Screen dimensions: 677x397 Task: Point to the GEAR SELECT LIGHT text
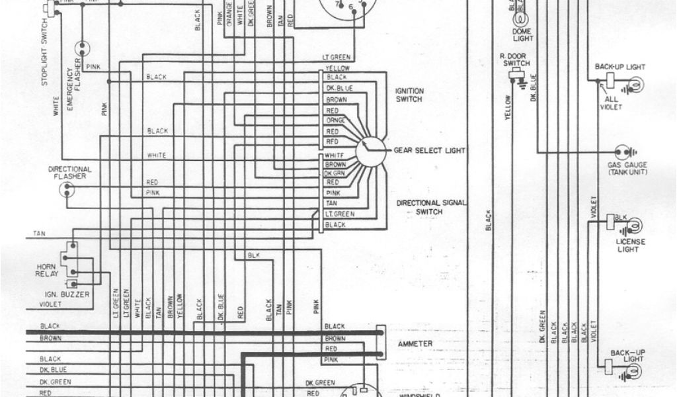click(x=430, y=150)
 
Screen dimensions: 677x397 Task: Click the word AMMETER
click(x=415, y=343)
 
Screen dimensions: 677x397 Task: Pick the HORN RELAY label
click(x=48, y=269)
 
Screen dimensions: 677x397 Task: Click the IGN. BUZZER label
click(x=73, y=294)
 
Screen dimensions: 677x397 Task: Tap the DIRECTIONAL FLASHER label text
click(x=70, y=173)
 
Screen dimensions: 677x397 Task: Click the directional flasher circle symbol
click(x=67, y=189)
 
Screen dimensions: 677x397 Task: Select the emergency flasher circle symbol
click(x=83, y=48)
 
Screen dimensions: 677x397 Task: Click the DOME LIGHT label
click(x=522, y=34)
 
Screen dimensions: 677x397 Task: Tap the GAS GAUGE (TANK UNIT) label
click(x=627, y=168)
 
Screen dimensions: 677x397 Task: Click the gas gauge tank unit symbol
click(x=621, y=151)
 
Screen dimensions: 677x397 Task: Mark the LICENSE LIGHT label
click(x=627, y=245)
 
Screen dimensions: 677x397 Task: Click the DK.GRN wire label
click(x=332, y=173)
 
